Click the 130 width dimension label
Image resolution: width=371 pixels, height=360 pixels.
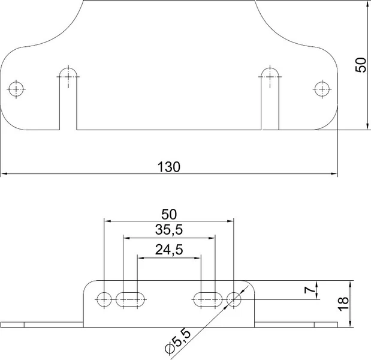[x=168, y=167]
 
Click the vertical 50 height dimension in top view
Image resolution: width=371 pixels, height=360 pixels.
[x=361, y=65]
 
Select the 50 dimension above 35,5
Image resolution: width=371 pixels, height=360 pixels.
[x=169, y=214]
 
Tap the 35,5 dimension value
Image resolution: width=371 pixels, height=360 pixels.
[x=169, y=229]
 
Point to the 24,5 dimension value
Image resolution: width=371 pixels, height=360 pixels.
[x=169, y=250]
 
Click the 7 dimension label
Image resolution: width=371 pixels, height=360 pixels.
[x=310, y=290]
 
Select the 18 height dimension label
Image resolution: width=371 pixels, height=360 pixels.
[x=343, y=304]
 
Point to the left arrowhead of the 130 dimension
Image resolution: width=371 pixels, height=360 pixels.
[x=4, y=173]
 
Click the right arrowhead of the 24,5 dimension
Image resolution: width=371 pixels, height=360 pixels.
[x=198, y=258]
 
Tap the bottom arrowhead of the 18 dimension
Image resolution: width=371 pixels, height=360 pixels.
[x=351, y=324]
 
